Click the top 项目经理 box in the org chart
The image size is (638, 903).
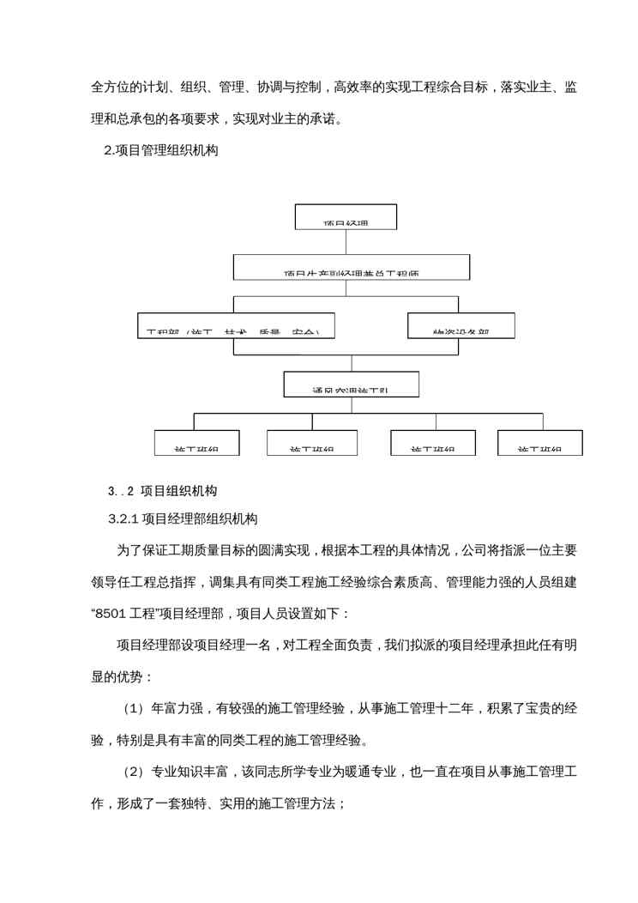pos(345,216)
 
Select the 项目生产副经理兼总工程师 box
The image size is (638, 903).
pos(352,267)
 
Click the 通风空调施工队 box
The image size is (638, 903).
pos(351,384)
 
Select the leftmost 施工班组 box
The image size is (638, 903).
pos(196,442)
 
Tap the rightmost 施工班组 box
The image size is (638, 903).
pos(540,442)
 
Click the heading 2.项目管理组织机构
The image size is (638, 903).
pos(161,151)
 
